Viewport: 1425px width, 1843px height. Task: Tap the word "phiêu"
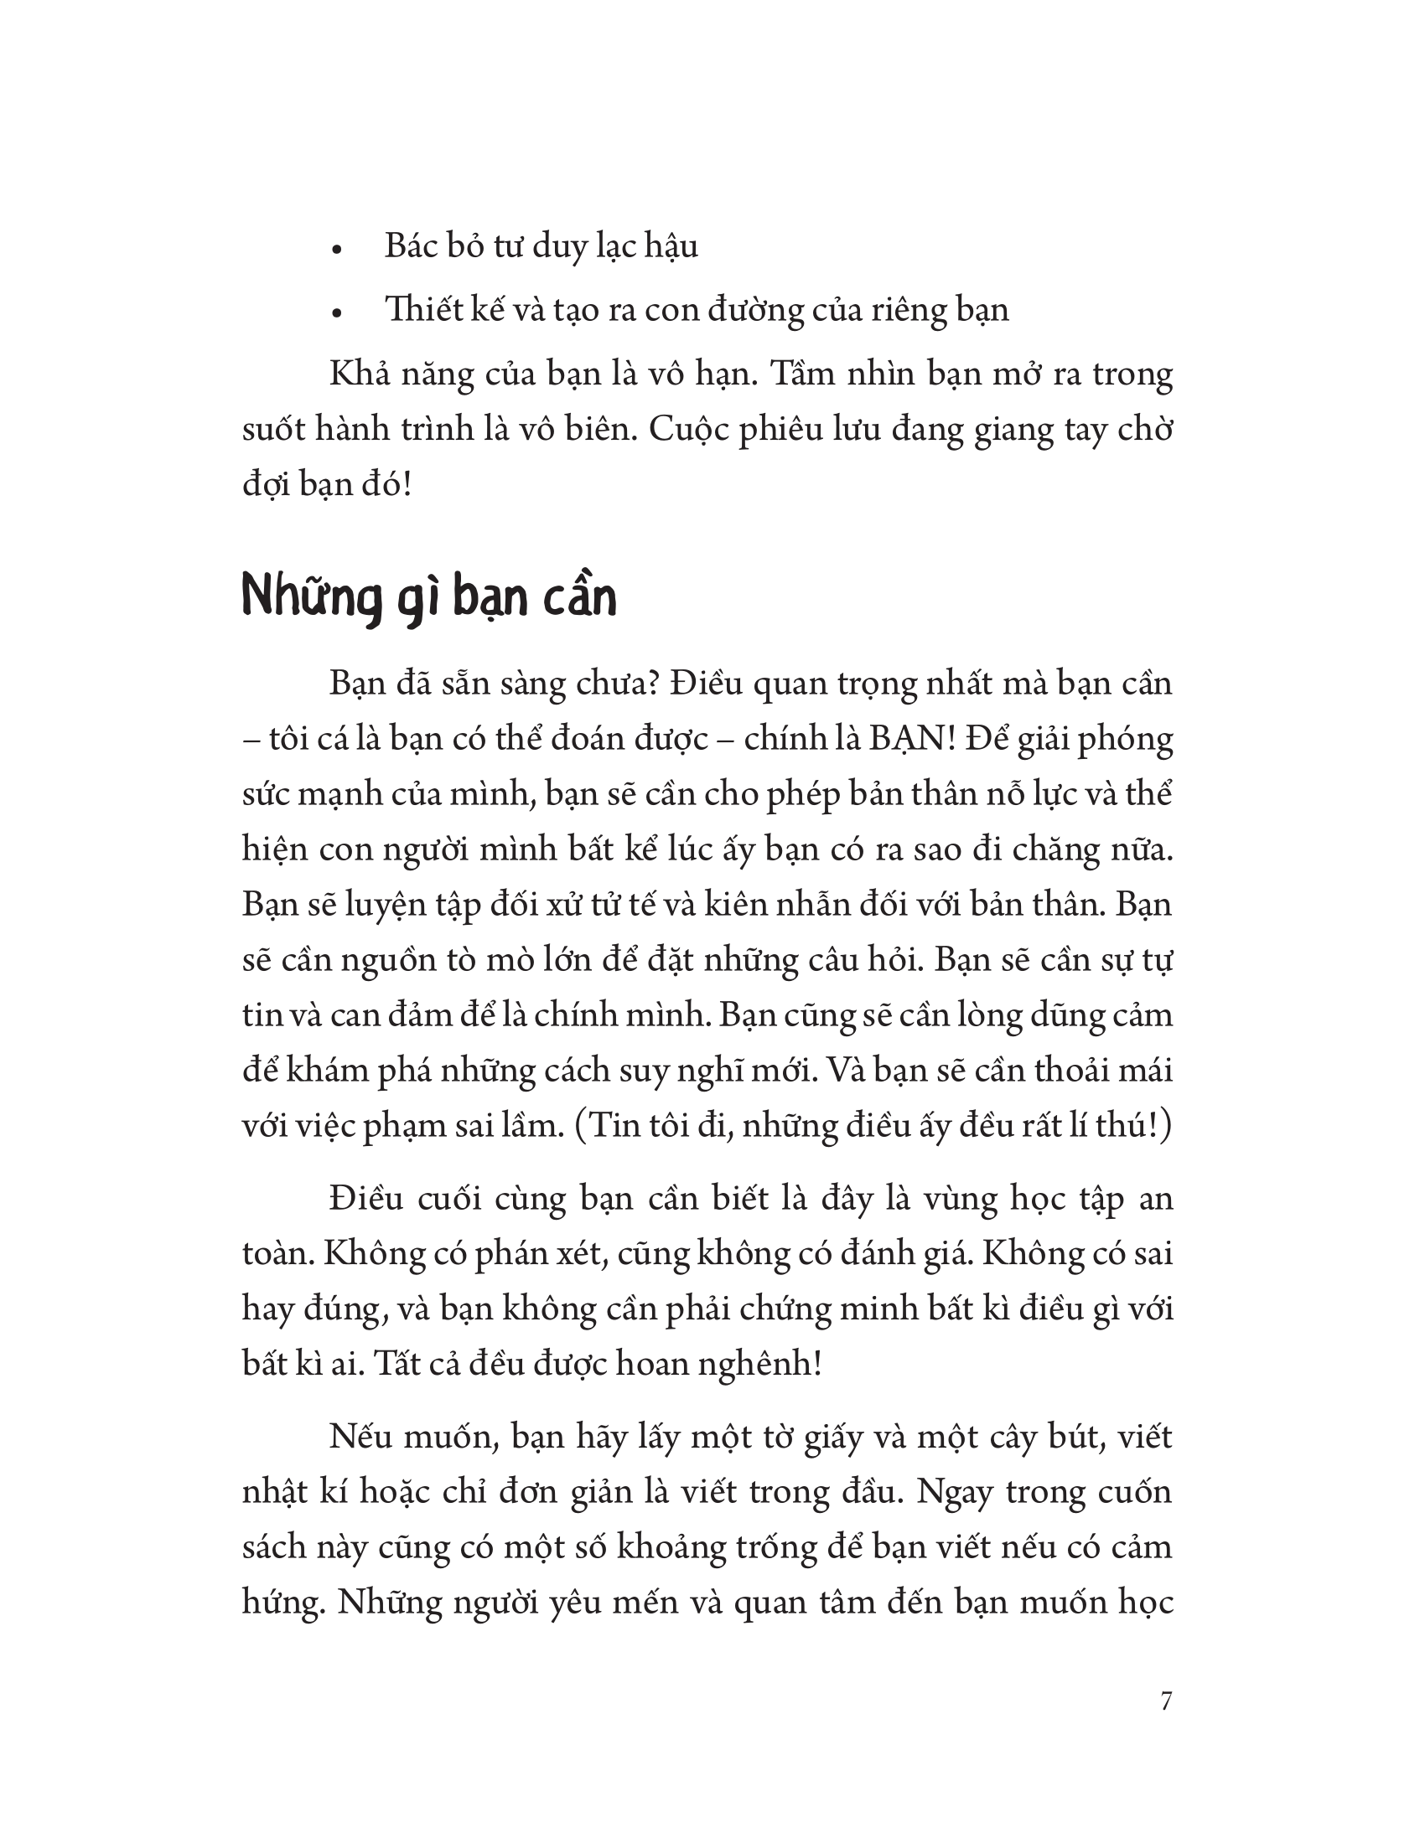click(789, 431)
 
